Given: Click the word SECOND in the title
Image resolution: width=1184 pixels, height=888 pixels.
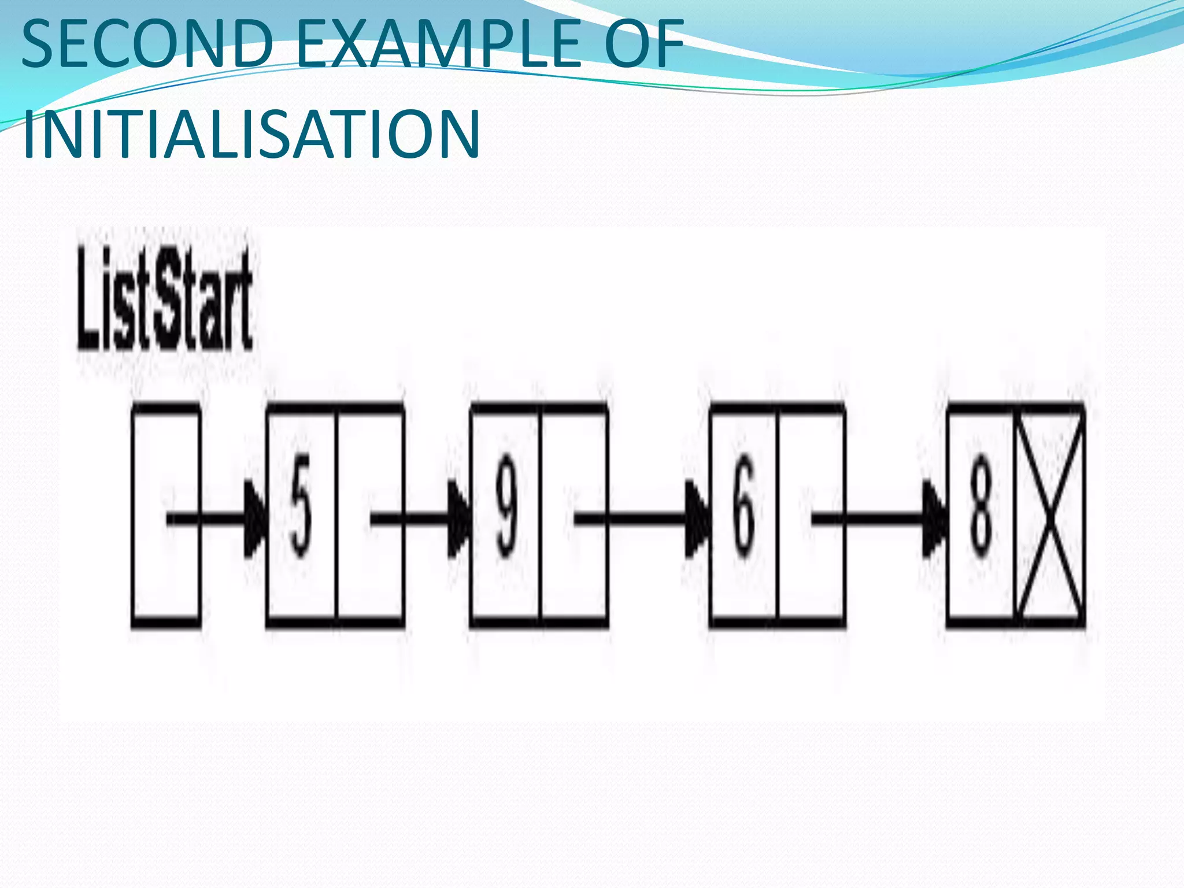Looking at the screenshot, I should tap(147, 44).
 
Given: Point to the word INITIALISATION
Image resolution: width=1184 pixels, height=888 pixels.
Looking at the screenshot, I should tap(252, 134).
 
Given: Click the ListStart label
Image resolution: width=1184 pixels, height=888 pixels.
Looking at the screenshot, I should tap(165, 299).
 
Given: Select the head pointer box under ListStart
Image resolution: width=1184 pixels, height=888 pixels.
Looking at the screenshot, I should tap(166, 515).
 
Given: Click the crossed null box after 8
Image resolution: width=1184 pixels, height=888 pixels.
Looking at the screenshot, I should tap(1050, 515).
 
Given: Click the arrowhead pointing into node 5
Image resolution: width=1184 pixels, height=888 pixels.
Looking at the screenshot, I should tap(256, 519).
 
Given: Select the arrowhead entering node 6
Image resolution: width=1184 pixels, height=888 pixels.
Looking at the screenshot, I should tap(698, 519).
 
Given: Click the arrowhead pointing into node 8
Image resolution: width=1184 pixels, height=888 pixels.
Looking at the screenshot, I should tap(935, 519).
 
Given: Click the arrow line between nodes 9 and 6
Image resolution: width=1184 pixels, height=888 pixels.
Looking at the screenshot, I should tap(636, 519).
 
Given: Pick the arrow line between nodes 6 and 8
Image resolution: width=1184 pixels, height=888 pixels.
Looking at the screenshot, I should tap(873, 519).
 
